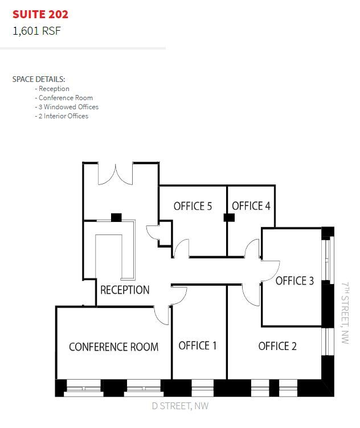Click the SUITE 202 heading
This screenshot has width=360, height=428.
40,14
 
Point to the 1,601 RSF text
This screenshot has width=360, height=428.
36,31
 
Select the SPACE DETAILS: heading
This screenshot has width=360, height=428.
39,79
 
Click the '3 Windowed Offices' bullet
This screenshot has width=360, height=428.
67,107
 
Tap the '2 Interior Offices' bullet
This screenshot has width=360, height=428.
62,116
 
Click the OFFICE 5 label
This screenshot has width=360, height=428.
193,206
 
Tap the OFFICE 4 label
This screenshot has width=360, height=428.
251,206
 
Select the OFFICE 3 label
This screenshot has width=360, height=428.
294,281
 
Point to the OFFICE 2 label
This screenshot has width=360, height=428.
277,346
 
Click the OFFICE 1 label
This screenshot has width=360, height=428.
198,345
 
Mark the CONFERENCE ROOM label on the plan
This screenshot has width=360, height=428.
113,347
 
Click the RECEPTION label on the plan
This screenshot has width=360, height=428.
125,290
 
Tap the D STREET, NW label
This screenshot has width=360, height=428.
180,406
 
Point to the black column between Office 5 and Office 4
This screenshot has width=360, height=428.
229,217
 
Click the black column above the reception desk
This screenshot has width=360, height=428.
116,217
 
